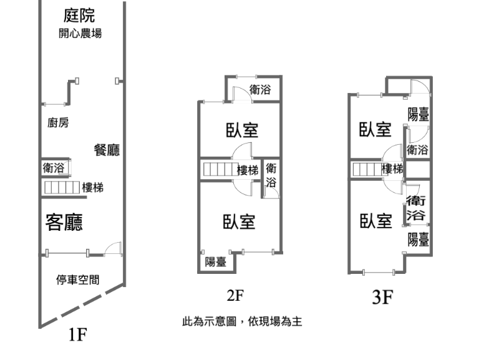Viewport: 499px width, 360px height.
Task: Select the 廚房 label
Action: pos(58,123)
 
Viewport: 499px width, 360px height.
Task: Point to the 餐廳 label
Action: pos(107,150)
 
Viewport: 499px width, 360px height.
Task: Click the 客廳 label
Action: pos(65,222)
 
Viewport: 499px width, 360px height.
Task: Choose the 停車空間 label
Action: pos(77,280)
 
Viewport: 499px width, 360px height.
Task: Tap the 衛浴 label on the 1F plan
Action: pos(54,168)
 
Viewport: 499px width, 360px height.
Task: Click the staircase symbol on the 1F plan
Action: pos(61,187)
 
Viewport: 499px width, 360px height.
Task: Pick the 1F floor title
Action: pos(77,336)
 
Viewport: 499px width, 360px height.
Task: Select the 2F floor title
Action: pos(235,294)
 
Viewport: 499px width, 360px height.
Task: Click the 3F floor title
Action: pos(382,298)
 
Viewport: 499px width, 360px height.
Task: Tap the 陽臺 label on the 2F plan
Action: pos(216,262)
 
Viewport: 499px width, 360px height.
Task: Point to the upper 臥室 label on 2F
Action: pos(242,130)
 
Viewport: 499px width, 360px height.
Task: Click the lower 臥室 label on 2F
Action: pos(240,221)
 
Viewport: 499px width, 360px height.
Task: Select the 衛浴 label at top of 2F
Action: pos(260,90)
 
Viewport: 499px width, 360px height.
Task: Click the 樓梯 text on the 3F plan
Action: pos(392,168)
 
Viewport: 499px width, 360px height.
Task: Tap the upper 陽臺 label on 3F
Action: pos(418,114)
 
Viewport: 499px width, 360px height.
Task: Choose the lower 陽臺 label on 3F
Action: pos(418,238)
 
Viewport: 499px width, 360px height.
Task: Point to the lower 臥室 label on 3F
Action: pos(375,220)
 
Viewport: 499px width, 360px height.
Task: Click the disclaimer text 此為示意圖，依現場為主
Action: pos(242,322)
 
